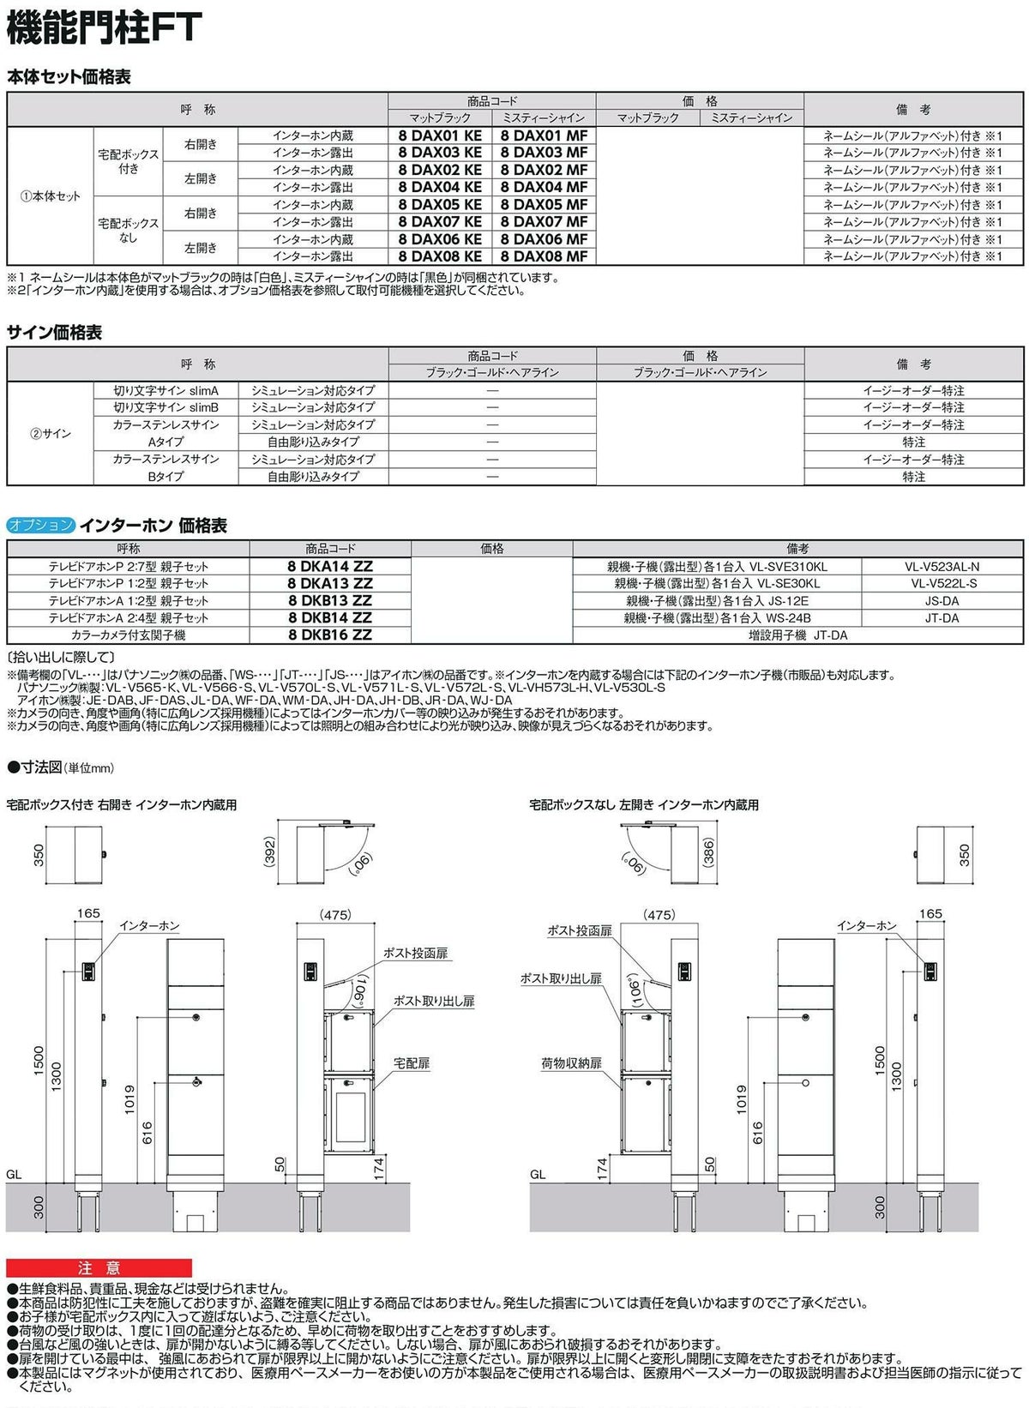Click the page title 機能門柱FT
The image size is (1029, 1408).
pos(104,27)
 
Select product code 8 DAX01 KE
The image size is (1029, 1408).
pos(440,135)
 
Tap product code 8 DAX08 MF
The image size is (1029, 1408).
pos(544,256)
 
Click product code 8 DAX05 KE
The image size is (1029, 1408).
pos(440,205)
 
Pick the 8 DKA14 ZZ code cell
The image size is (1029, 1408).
pos(330,566)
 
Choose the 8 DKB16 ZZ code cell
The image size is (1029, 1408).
pos(330,635)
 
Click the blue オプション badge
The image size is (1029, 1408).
pos(41,526)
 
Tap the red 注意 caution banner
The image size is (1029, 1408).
pos(99,1268)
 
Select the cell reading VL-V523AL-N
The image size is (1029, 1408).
pos(942,567)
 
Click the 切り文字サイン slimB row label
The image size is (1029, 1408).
pos(166,407)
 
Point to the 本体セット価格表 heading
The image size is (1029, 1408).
pos(69,77)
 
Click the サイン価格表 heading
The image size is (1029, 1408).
pos(54,333)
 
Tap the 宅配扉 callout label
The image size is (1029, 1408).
pos(412,1063)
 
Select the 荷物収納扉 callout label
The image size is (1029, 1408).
pos(571,1063)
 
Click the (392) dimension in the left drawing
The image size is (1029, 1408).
pos(270,851)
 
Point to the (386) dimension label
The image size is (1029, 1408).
pos(708,852)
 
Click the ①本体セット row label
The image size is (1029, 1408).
pos(51,196)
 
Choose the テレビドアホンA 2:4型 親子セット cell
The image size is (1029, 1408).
pos(129,618)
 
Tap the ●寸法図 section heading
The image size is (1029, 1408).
pos(60,767)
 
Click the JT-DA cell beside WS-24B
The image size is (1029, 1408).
pos(942,618)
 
